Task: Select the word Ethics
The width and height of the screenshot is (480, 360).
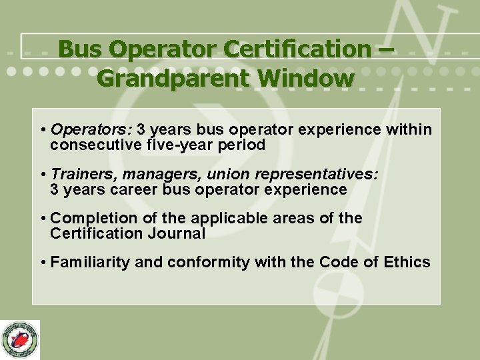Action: coord(407,262)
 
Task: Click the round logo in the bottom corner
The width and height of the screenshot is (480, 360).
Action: coord(21,339)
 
